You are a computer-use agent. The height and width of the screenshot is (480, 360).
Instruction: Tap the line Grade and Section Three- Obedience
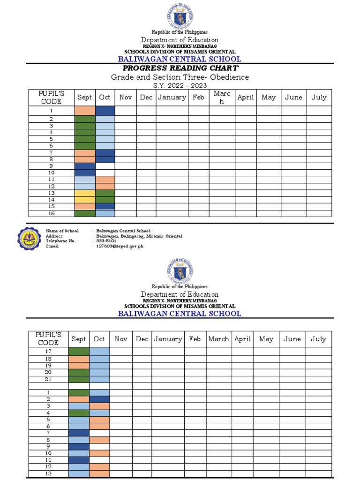(x=180, y=77)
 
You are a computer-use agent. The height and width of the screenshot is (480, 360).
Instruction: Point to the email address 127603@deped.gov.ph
(x=117, y=246)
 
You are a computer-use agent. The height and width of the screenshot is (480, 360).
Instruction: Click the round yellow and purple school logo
(x=30, y=238)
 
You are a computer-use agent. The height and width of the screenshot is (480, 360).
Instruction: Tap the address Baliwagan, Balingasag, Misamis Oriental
(x=139, y=236)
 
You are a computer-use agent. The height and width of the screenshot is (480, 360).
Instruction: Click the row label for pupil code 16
(x=51, y=213)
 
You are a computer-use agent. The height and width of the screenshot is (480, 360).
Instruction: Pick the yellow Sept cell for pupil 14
(x=85, y=200)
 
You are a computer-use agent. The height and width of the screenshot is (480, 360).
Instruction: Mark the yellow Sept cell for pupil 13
(x=85, y=193)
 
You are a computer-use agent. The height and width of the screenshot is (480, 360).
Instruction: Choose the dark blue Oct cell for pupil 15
(x=105, y=206)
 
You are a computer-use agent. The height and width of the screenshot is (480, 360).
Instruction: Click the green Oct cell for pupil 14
(x=105, y=200)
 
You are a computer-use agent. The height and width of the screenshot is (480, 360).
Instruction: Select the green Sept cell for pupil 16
(x=85, y=213)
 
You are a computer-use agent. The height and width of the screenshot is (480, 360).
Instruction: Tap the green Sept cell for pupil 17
(x=79, y=352)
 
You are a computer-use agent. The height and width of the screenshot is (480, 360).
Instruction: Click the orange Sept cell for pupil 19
(x=79, y=366)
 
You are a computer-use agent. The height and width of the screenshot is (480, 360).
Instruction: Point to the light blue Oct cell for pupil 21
(x=99, y=379)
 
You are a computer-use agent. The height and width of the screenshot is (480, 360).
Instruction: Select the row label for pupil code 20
(x=48, y=372)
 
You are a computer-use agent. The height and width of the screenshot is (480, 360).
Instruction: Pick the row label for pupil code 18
(x=48, y=359)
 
